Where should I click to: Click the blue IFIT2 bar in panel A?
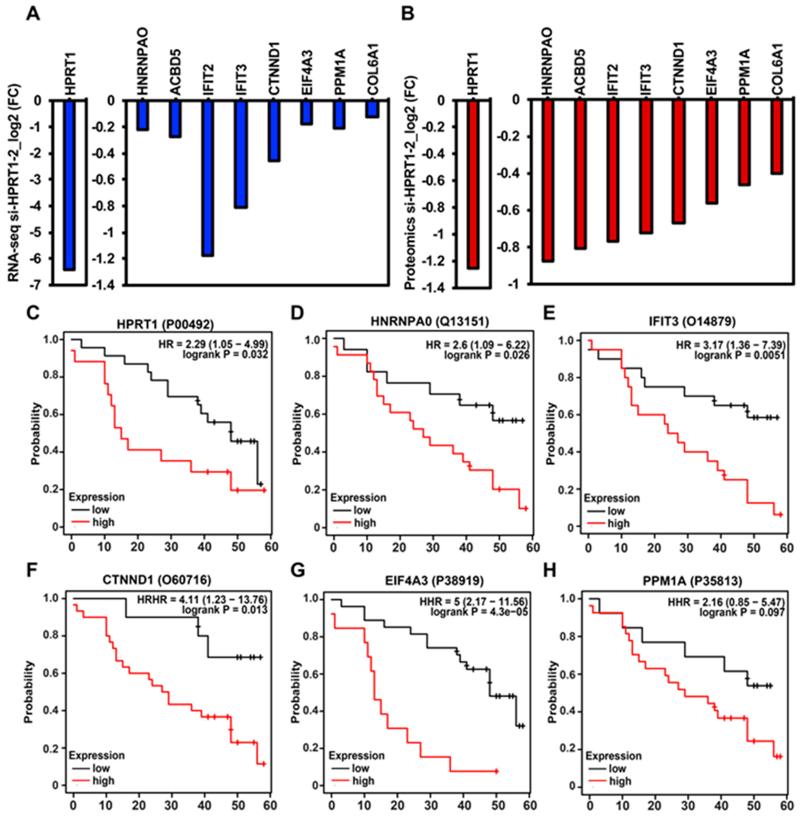[x=208, y=178]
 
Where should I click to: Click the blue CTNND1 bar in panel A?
[x=274, y=130]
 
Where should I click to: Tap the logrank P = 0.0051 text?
[x=739, y=356]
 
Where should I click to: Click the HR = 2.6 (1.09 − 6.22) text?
[x=478, y=345]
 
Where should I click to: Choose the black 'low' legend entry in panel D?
[x=362, y=510]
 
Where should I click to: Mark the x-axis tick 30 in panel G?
[x=431, y=805]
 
